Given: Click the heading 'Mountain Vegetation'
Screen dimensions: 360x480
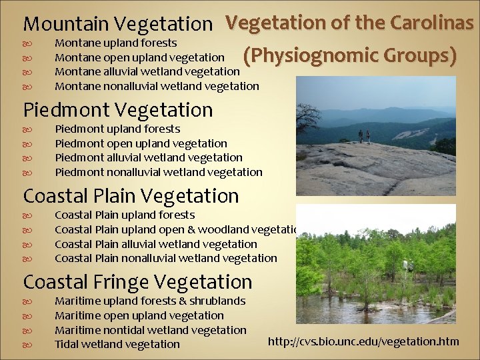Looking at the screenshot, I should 117,24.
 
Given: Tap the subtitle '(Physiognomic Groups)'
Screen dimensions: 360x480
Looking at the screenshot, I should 350,56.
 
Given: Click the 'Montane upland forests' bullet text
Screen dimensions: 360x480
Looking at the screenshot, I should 115,43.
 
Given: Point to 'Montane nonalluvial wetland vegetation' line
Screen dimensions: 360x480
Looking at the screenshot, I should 157,85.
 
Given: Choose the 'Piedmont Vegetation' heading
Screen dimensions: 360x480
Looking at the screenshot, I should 118,110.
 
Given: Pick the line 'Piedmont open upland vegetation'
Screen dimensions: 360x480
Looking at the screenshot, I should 141,143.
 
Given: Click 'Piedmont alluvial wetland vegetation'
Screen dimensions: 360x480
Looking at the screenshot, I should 148,157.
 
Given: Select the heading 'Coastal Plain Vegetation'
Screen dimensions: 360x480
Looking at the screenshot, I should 131,196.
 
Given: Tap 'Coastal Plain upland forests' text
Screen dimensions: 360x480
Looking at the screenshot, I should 125,215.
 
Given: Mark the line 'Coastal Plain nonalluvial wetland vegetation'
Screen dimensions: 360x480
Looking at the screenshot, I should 165,258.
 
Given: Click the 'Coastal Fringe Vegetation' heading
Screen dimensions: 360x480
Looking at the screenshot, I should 137,282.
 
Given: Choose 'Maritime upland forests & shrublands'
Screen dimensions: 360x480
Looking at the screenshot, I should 150,301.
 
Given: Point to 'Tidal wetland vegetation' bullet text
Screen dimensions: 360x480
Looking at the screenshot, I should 117,344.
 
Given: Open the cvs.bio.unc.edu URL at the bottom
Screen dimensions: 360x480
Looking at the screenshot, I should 363,342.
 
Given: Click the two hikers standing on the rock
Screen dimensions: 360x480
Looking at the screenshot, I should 364,136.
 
